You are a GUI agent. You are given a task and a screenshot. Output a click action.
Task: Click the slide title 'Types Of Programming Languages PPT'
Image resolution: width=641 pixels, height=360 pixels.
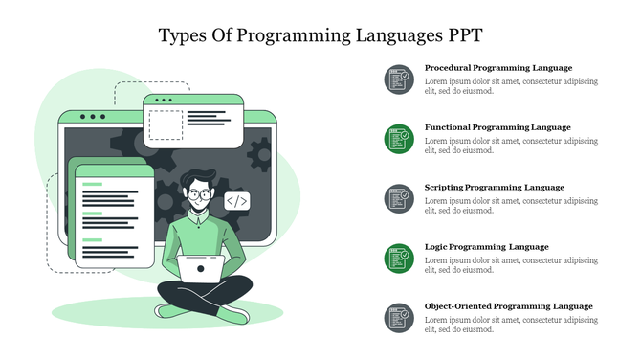pyautogui.click(x=320, y=35)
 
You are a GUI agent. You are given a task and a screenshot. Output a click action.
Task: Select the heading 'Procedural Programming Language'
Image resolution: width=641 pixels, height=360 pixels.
pyautogui.click(x=497, y=68)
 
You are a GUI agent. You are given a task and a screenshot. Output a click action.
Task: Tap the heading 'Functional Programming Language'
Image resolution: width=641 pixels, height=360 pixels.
pyautogui.click(x=497, y=127)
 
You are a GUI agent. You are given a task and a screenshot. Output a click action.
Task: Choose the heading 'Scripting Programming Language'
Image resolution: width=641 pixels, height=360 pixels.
pyautogui.click(x=494, y=187)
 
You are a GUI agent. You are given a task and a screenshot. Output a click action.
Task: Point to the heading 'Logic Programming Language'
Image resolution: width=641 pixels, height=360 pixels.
pyautogui.click(x=486, y=247)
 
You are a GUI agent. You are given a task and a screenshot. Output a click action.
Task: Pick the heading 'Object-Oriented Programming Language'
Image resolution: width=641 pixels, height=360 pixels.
pyautogui.click(x=508, y=306)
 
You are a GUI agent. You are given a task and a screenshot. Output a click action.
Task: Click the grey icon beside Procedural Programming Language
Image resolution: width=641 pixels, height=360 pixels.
pyautogui.click(x=399, y=79)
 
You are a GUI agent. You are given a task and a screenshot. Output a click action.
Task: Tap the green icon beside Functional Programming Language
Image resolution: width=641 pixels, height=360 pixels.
pyautogui.click(x=399, y=139)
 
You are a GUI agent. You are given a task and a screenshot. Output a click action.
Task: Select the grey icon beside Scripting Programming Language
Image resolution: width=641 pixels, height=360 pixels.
pyautogui.click(x=399, y=198)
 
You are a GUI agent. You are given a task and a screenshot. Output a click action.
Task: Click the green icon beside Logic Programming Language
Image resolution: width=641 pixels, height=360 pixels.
pyautogui.click(x=399, y=259)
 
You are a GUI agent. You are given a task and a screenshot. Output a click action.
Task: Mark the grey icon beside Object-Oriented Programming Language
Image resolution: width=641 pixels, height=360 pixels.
pyautogui.click(x=399, y=318)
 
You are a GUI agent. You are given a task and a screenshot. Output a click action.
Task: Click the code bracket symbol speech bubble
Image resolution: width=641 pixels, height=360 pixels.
pyautogui.click(x=237, y=201)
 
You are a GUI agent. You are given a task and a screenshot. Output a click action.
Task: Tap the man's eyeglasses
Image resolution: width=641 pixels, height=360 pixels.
pyautogui.click(x=200, y=194)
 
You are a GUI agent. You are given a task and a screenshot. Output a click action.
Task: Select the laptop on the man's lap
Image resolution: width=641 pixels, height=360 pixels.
pyautogui.click(x=202, y=268)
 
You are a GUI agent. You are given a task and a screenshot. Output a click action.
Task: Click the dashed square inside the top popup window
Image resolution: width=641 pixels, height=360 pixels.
pyautogui.click(x=166, y=123)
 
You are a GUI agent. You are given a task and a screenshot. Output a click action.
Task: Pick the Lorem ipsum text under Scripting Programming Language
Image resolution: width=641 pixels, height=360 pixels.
pyautogui.click(x=511, y=206)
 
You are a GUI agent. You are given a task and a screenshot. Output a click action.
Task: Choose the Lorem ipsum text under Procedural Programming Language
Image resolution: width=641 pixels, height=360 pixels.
pyautogui.click(x=511, y=87)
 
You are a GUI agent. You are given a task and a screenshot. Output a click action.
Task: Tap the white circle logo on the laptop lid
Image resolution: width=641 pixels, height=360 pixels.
pyautogui.click(x=202, y=268)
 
